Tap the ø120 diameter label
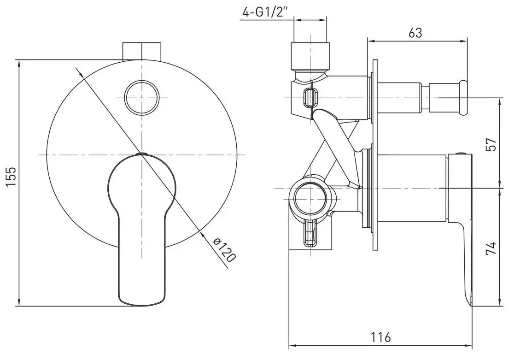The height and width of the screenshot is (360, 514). [x=224, y=251]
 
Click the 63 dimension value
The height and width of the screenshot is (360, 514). [x=415, y=33]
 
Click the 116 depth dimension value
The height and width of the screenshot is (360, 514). [x=380, y=337]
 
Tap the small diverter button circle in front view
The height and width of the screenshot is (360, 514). [x=142, y=97]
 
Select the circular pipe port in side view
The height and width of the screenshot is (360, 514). [x=311, y=198]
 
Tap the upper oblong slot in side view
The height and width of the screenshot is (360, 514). [x=311, y=98]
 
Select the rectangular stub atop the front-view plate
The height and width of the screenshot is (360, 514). [x=142, y=51]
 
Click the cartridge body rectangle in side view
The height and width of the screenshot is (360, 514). [x=411, y=188]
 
